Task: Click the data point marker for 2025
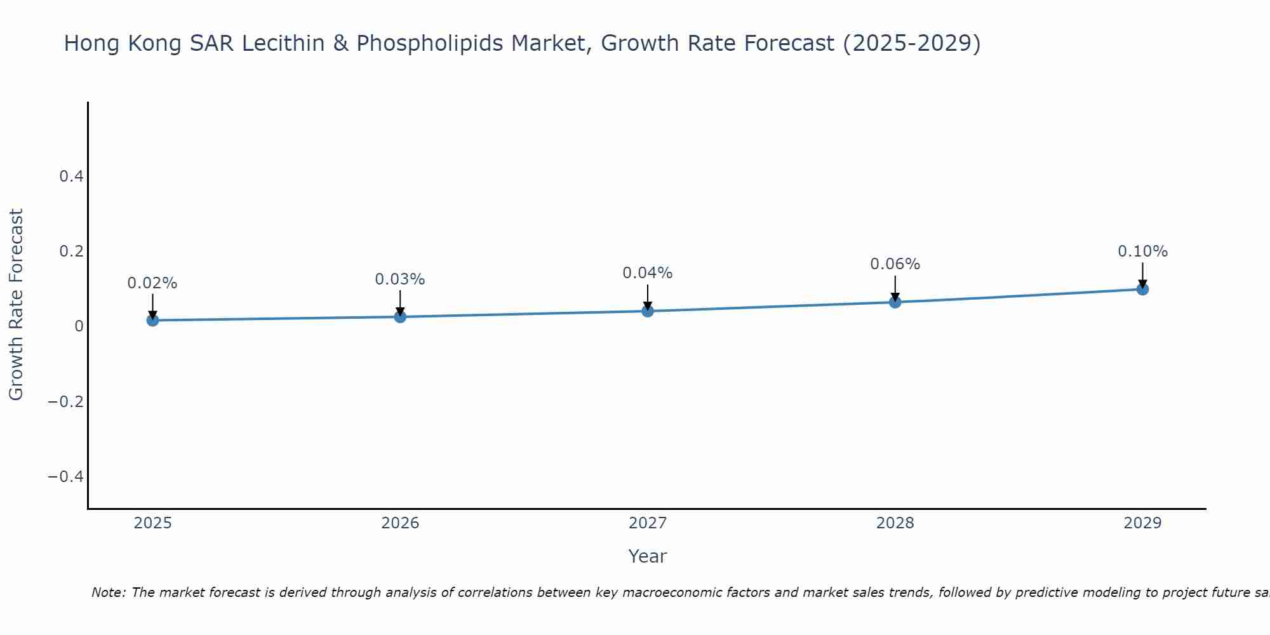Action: point(152,320)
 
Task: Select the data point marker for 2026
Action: point(400,316)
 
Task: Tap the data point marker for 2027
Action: point(648,311)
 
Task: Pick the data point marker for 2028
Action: point(895,302)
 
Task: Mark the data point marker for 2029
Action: point(1142,289)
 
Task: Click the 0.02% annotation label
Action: point(152,283)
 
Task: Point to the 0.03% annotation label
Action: point(400,279)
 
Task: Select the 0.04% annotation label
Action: point(648,273)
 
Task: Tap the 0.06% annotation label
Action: point(895,264)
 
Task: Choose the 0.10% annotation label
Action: point(1142,251)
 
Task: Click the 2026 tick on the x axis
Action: point(400,523)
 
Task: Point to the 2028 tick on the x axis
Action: point(895,523)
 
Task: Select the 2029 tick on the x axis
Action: point(1142,523)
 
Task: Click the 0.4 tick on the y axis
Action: point(71,177)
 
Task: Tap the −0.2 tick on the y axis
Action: point(66,402)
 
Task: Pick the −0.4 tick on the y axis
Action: point(66,477)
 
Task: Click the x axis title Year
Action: point(647,556)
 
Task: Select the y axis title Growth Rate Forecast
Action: point(16,305)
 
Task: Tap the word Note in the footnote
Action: point(108,592)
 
